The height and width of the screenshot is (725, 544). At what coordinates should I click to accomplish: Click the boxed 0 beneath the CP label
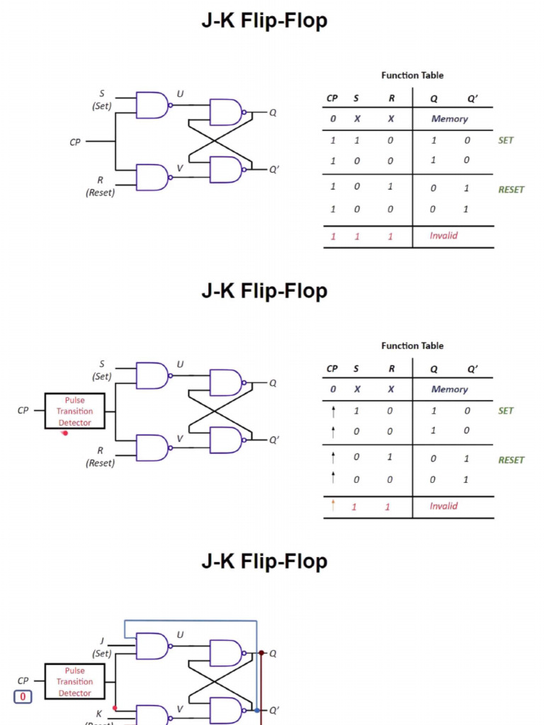click(x=23, y=697)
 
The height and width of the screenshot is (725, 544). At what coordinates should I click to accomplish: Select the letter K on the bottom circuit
click(x=99, y=714)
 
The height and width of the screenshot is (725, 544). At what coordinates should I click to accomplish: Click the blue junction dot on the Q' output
click(x=256, y=709)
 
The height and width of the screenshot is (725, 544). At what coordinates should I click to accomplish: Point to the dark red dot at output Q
click(x=261, y=653)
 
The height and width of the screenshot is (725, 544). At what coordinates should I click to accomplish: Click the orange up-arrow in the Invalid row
click(x=333, y=506)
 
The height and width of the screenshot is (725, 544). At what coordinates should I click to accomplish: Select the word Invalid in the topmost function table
click(x=443, y=236)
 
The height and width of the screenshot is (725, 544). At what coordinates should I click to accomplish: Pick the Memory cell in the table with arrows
click(x=450, y=389)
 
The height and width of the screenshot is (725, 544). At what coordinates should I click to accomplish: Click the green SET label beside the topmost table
click(x=506, y=140)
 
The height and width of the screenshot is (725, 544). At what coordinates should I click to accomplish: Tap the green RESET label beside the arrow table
click(x=511, y=460)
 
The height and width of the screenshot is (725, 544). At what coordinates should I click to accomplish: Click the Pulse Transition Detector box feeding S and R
click(x=74, y=411)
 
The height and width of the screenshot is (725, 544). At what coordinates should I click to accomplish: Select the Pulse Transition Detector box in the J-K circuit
click(x=74, y=682)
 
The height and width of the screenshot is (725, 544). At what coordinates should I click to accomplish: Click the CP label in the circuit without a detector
click(x=75, y=142)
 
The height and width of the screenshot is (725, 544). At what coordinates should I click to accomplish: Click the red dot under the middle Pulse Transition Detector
click(x=65, y=433)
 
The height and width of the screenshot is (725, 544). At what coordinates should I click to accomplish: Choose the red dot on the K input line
click(x=115, y=707)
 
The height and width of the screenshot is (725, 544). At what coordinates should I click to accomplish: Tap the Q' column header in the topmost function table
click(x=472, y=98)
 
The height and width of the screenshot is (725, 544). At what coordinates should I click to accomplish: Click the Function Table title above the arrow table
click(x=412, y=346)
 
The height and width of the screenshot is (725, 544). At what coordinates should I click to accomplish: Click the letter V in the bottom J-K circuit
click(x=180, y=709)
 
